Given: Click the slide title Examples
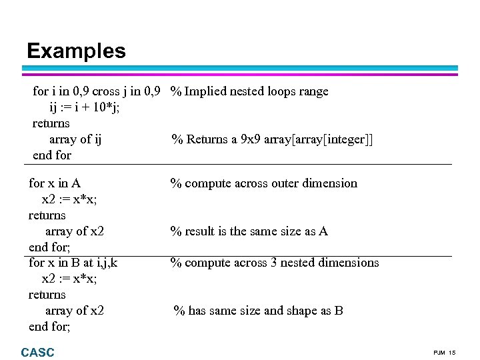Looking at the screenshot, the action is [76, 51].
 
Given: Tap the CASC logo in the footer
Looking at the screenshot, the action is [38, 352].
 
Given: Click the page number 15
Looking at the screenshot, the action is [452, 352].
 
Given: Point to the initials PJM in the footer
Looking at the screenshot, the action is [440, 352].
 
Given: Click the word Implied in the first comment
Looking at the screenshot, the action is [206, 91].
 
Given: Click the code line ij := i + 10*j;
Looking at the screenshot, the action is [85, 107].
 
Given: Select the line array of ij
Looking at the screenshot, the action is [75, 139].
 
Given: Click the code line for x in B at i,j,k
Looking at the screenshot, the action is [73, 263].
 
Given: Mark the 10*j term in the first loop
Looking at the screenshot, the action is [106, 107].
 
